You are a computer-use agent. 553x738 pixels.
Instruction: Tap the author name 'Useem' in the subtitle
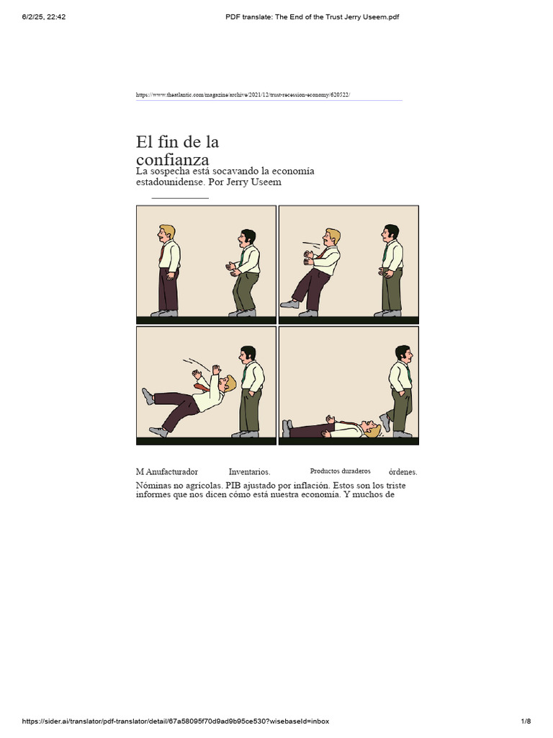pos(265,182)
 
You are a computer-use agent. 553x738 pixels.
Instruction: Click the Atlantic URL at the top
pos(243,94)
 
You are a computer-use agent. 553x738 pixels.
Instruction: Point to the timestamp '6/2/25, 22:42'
pos(44,17)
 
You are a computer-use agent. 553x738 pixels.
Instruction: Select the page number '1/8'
pos(526,721)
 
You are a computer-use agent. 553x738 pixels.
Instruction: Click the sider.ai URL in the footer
pos(176,721)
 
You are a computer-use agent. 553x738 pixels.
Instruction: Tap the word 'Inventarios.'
pos(249,472)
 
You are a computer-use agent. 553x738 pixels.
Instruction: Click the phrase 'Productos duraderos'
pos(340,471)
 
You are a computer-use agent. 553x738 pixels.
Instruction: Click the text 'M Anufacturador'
pos(167,472)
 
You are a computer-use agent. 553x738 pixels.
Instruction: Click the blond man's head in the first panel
pos(166,234)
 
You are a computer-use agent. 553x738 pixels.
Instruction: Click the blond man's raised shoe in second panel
pos(289,304)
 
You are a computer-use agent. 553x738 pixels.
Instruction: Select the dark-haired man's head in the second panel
pos(391,232)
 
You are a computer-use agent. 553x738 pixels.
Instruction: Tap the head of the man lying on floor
pos(372,430)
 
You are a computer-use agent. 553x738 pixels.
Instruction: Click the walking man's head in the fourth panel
pos(403,354)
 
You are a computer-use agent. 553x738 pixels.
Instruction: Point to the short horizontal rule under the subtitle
pos(180,197)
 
